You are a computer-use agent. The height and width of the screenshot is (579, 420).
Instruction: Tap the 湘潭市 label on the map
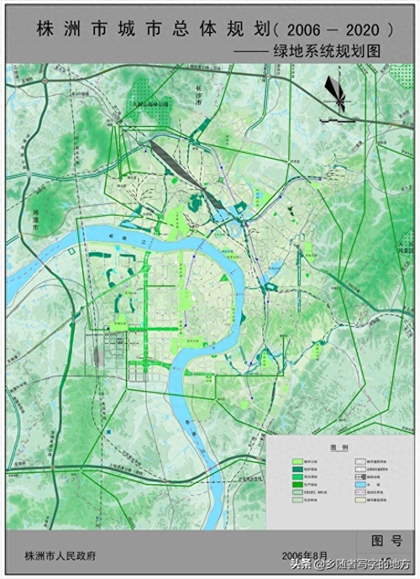(x=34, y=221)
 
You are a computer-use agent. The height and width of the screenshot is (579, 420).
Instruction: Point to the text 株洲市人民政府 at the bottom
(x=60, y=556)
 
